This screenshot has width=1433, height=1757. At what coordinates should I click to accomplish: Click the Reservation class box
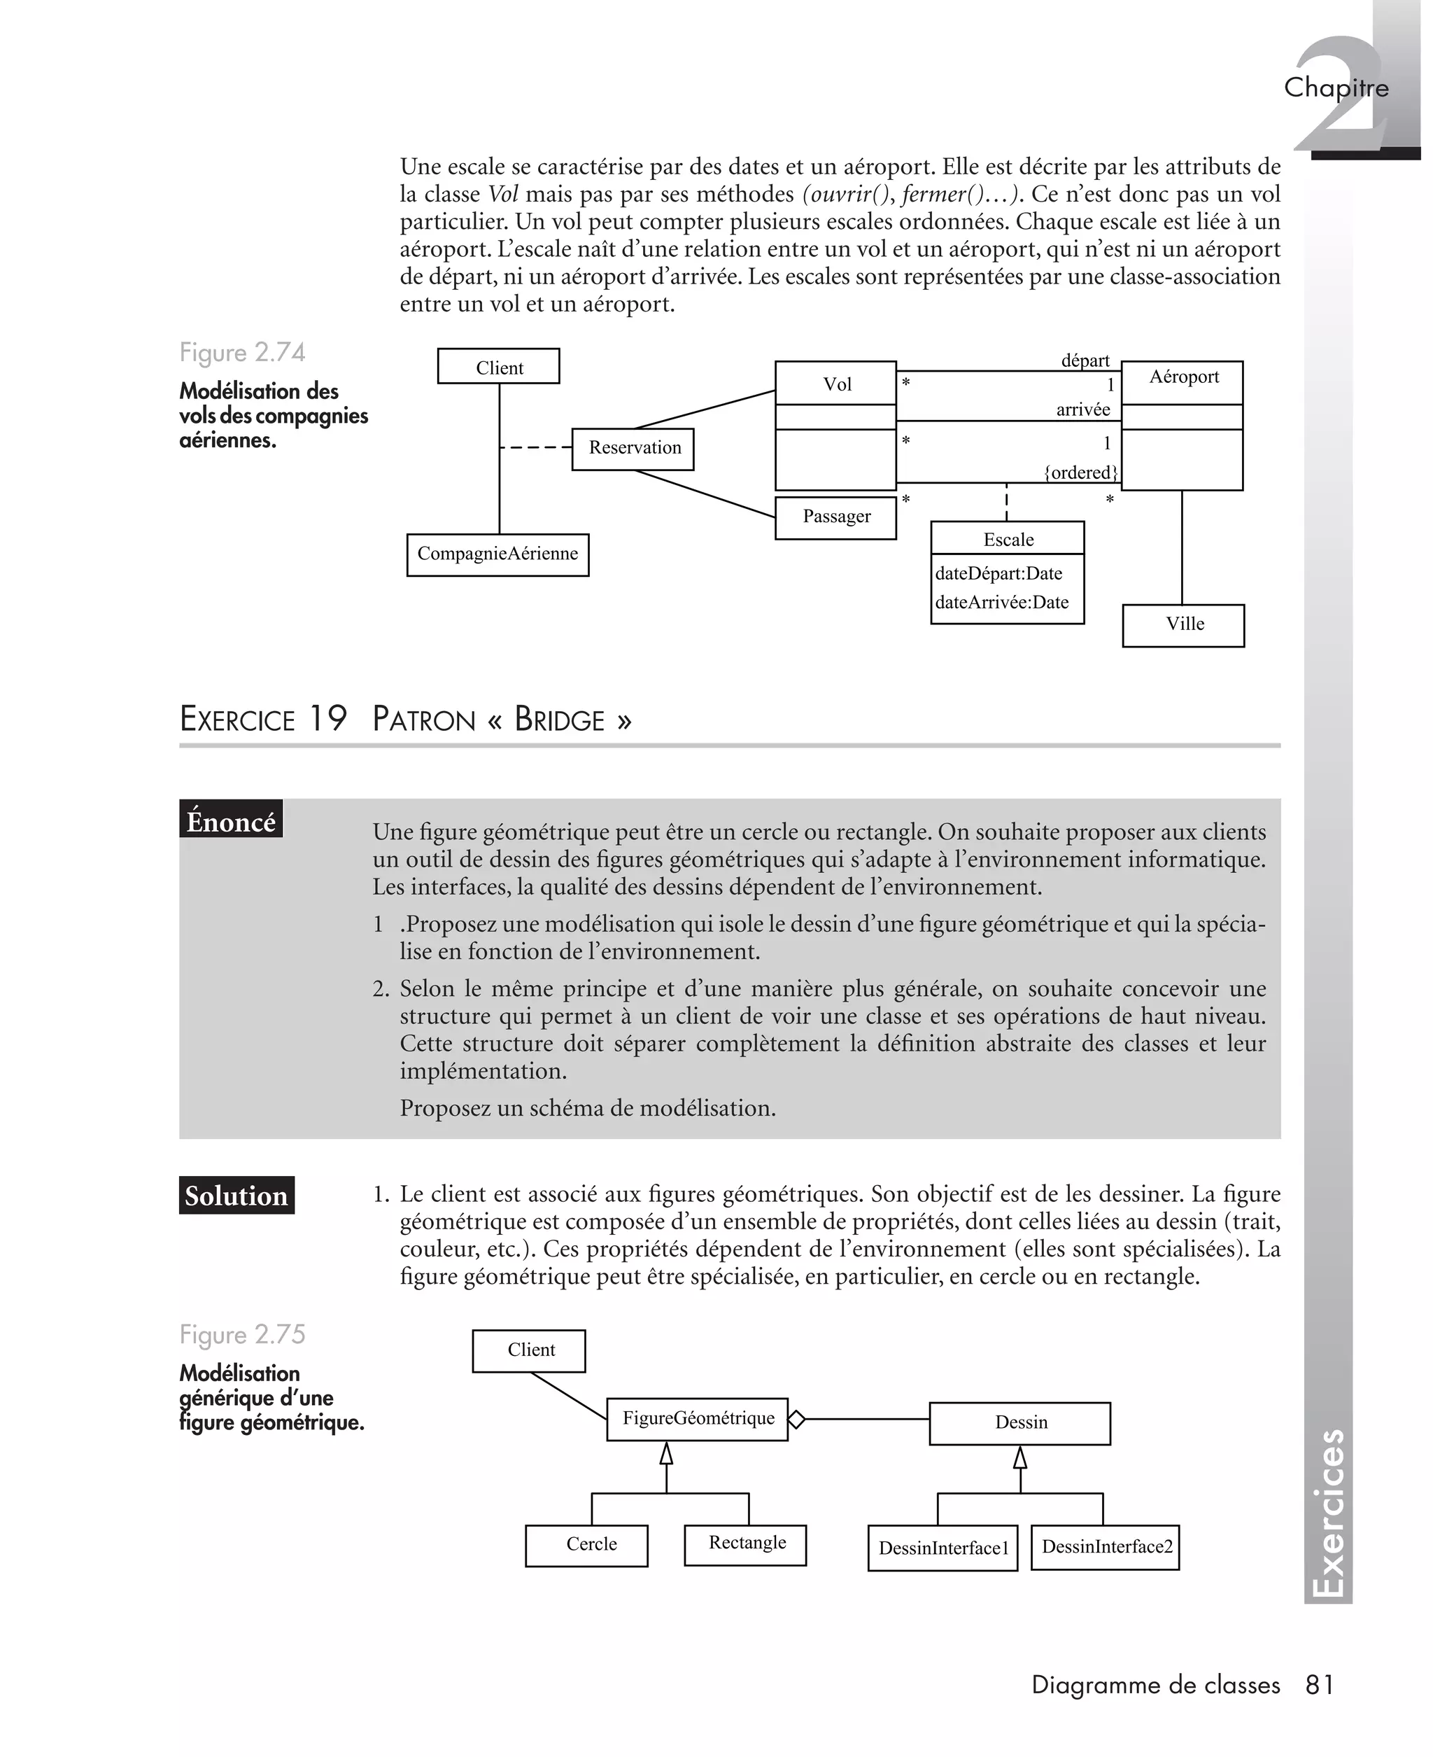coord(633,448)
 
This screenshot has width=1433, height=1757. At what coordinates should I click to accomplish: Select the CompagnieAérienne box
coord(497,554)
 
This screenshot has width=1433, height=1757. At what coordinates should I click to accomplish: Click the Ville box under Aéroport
coord(1183,625)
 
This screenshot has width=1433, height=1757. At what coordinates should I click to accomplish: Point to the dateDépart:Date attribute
coord(998,573)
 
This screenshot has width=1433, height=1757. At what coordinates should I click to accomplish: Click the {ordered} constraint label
coord(1080,472)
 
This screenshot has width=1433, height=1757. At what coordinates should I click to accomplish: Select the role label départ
coord(1085,360)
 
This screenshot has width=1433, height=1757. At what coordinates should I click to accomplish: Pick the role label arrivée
coord(1082,409)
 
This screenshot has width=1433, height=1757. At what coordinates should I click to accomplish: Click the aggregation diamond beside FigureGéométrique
coord(796,1420)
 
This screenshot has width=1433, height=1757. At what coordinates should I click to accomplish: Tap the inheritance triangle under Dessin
coord(1020,1458)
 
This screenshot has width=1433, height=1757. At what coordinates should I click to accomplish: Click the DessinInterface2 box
coord(1106,1546)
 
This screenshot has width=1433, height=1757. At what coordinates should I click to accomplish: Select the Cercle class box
coord(587,1545)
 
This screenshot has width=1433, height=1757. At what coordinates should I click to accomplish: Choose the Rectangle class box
coord(745,1544)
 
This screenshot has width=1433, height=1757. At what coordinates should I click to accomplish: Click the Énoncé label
coord(231,820)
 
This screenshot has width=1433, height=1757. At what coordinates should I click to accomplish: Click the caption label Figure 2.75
coord(243,1334)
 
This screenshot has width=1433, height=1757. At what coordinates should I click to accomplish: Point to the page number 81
coord(1319,1684)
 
